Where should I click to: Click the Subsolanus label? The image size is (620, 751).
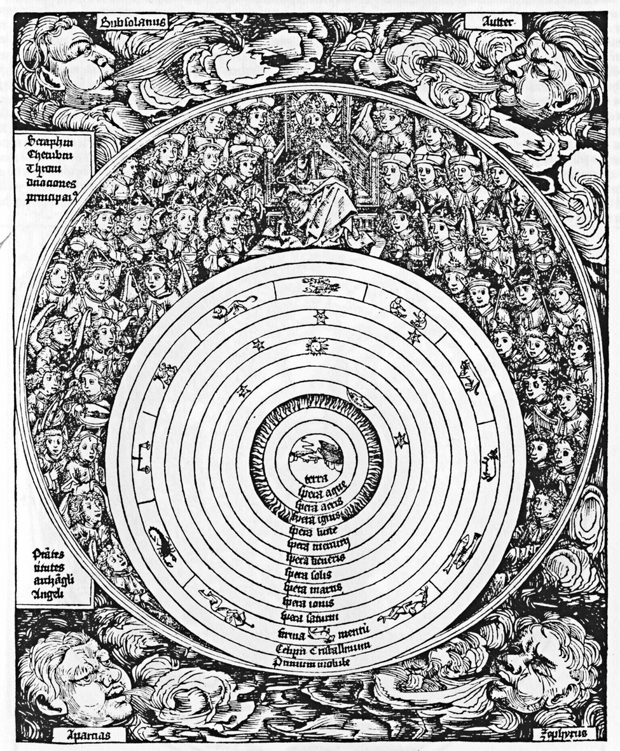click(133, 23)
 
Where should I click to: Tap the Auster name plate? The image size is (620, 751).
click(493, 23)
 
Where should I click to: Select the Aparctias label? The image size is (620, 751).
click(88, 735)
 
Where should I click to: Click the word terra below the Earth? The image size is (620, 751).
click(315, 477)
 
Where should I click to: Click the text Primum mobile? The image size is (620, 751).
click(312, 663)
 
